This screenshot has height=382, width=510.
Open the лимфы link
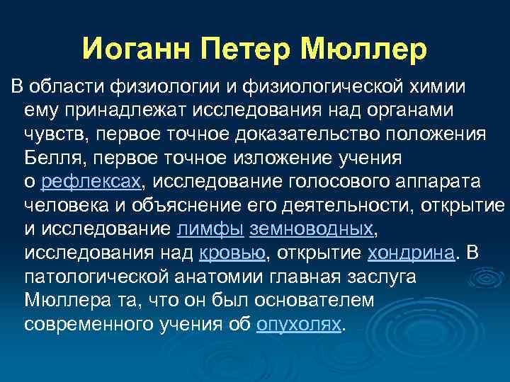pyautogui.click(x=210, y=229)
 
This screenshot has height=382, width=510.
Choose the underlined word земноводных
pyautogui.click(x=311, y=229)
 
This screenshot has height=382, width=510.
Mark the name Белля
pyautogui.click(x=51, y=158)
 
